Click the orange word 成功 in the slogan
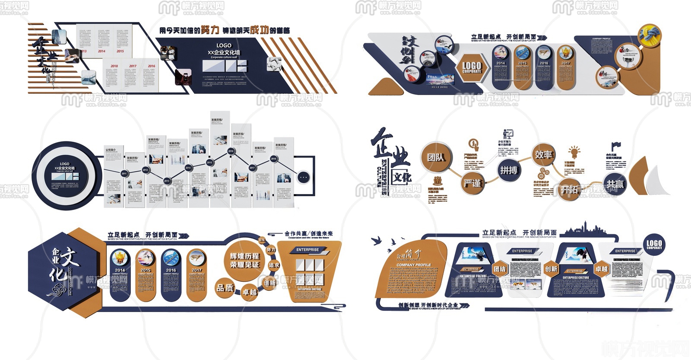point(259,29)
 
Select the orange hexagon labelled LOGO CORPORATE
point(472,67)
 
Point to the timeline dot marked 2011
point(124,173)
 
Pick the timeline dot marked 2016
point(231,151)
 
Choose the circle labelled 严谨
point(472,183)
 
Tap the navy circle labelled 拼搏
point(509,170)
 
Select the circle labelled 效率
point(543,155)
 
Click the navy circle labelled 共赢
point(615,185)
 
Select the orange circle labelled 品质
point(225,288)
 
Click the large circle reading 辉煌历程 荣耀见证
point(244,261)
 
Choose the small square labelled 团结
point(500,269)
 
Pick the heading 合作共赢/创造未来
point(308,234)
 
